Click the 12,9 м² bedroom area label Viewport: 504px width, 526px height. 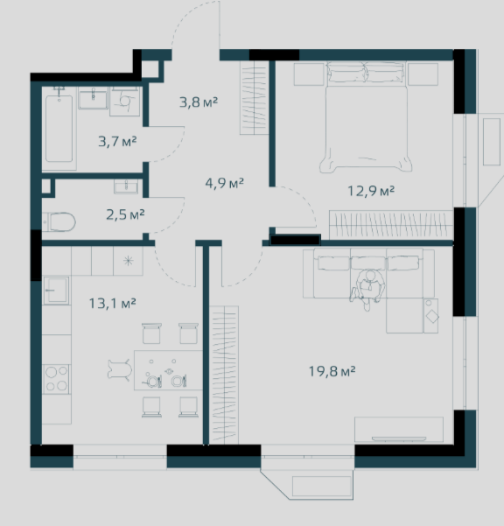click(x=371, y=191)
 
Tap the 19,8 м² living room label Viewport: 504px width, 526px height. click(x=332, y=371)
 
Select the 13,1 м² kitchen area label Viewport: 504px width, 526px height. click(x=112, y=303)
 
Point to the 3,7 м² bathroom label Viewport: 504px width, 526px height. click(x=117, y=141)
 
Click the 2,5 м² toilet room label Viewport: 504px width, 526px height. click(x=125, y=214)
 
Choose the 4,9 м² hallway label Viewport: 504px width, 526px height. click(x=224, y=183)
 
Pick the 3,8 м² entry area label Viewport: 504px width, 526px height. click(x=199, y=102)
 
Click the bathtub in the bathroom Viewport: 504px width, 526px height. click(x=59, y=129)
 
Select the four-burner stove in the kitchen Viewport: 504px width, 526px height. click(x=56, y=379)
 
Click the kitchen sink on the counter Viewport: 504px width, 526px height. click(x=56, y=291)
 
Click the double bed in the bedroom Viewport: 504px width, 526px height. click(x=366, y=117)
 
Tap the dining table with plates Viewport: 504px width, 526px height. click(x=168, y=370)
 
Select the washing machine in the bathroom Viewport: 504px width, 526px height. click(x=125, y=102)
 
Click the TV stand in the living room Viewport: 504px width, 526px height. click(x=399, y=430)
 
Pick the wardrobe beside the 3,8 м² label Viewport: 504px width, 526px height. click(x=254, y=98)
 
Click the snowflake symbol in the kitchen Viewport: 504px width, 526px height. click(x=128, y=261)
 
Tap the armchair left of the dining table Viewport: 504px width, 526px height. click(x=120, y=370)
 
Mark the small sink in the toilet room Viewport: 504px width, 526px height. click(x=126, y=186)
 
